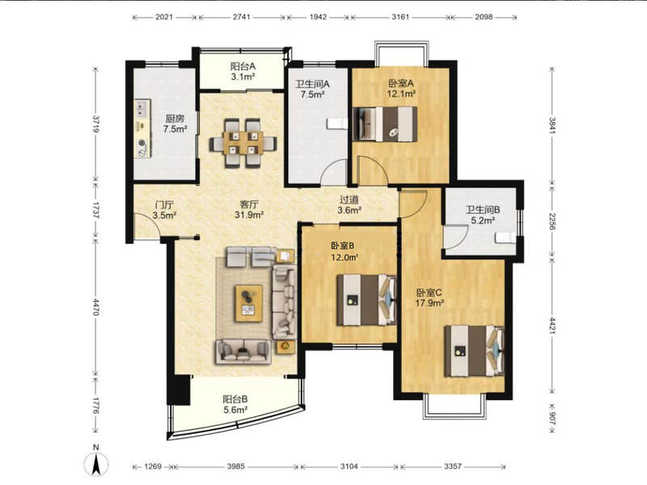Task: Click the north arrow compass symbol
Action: [x=95, y=464]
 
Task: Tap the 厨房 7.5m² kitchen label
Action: [x=175, y=124]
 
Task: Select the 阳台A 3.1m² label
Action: [x=242, y=71]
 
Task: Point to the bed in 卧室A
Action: [x=385, y=124]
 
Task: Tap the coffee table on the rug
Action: [x=249, y=303]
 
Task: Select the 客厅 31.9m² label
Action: [x=249, y=209]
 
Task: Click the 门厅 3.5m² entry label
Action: [x=164, y=210]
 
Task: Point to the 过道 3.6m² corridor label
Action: [x=349, y=205]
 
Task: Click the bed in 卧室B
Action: [x=366, y=300]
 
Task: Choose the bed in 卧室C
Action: [x=474, y=351]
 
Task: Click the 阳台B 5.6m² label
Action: [x=235, y=405]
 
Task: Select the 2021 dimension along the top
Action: [x=164, y=17]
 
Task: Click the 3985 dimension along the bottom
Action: [x=235, y=466]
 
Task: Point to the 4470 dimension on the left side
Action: [x=95, y=307]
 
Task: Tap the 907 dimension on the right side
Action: [x=553, y=419]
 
